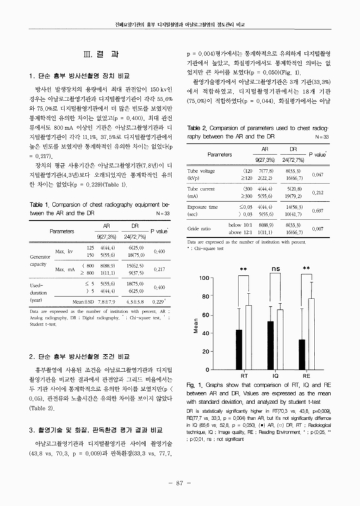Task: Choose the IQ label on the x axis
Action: [275, 376]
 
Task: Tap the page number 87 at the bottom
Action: [180, 484]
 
